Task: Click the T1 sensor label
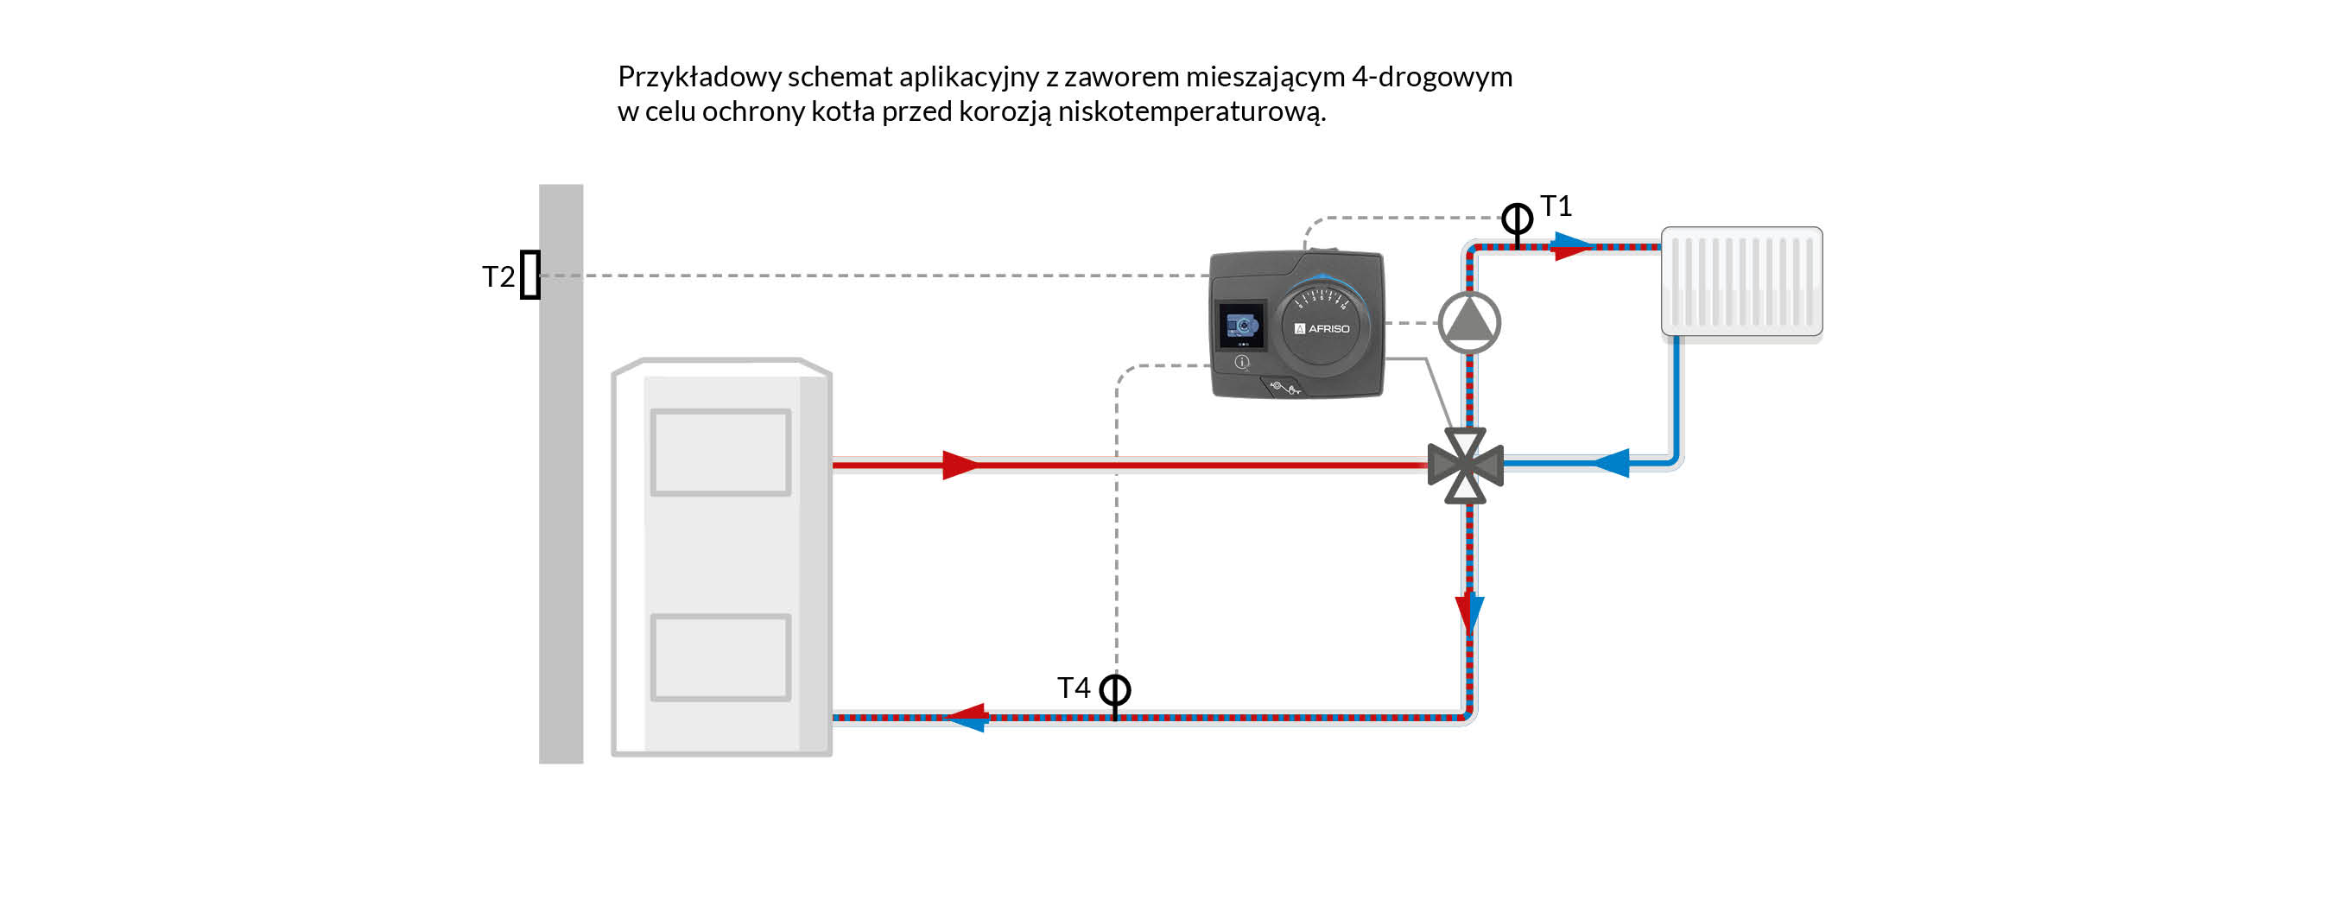(1556, 206)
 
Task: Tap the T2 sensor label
(498, 276)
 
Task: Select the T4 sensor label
(1074, 688)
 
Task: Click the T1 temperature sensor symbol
(1517, 219)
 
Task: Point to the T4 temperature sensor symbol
(1115, 691)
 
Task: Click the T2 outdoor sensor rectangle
(530, 275)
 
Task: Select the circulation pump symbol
(1469, 322)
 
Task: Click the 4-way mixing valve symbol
(1466, 466)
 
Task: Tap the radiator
(1741, 282)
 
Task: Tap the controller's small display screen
(1240, 325)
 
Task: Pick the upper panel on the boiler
(721, 453)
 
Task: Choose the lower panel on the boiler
(721, 657)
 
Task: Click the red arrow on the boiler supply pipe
(960, 465)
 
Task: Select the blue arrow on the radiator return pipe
(1613, 462)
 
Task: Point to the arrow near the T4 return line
(968, 717)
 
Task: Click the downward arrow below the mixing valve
(1469, 612)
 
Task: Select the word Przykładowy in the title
(699, 76)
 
